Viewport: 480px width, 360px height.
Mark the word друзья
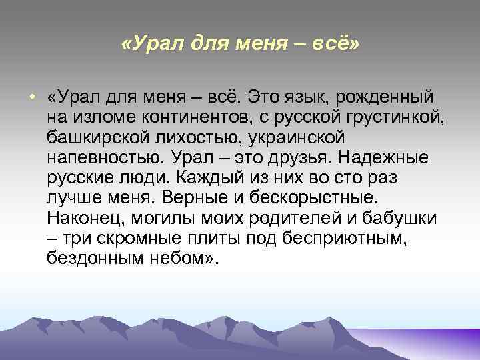click(296, 159)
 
